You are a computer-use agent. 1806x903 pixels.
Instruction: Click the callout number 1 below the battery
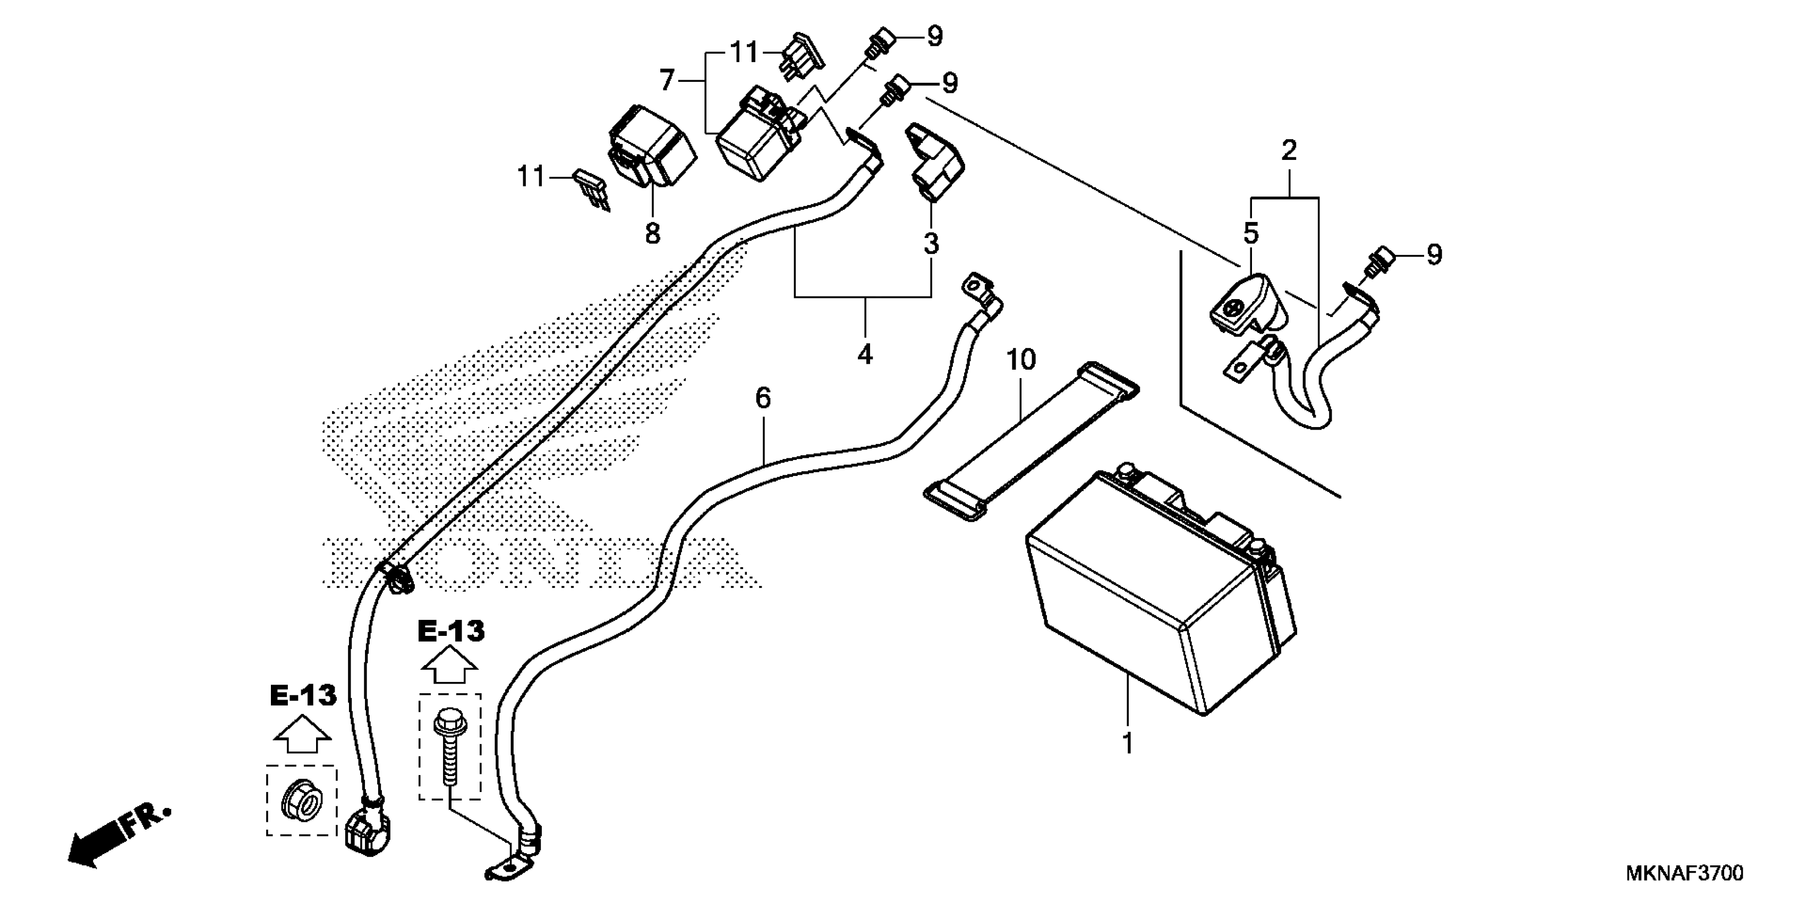1127,743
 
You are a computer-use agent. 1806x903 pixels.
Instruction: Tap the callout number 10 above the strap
1021,360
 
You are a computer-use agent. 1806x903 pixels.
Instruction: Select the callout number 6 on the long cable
763,399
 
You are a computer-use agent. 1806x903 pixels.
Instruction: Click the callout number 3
930,244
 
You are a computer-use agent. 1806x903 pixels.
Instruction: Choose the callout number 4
865,355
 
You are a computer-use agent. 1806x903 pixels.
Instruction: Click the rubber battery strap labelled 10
1030,442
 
